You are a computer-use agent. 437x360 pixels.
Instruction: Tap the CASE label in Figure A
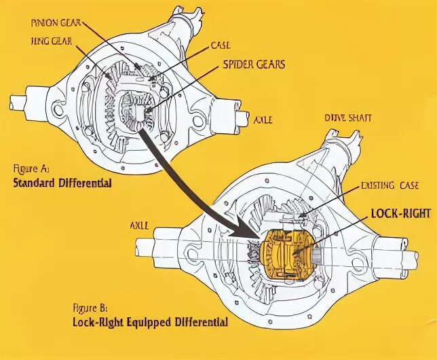(220, 45)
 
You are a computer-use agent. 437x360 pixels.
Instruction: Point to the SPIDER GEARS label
(254, 65)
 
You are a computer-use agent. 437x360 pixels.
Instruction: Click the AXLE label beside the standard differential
(263, 120)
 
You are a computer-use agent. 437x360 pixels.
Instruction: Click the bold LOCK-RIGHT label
(401, 213)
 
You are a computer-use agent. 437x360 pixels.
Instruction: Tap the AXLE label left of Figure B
(140, 223)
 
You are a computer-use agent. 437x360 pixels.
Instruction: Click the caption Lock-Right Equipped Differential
(150, 321)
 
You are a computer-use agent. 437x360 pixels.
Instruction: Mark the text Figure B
(91, 307)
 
